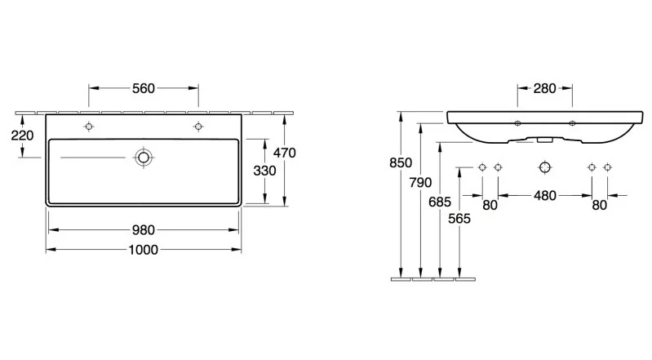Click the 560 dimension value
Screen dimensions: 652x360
[x=144, y=88]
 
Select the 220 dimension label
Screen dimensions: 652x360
[x=23, y=136]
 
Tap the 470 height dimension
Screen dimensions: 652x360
[x=285, y=153]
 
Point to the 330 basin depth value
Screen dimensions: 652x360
[x=265, y=171]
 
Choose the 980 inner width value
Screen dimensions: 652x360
[x=144, y=229]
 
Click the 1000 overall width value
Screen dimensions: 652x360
[x=144, y=250]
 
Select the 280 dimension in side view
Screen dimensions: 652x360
[x=545, y=88]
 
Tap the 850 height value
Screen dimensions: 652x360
[x=401, y=162]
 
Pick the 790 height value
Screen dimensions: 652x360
[x=420, y=182]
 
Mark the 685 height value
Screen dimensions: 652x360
[x=440, y=202]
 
